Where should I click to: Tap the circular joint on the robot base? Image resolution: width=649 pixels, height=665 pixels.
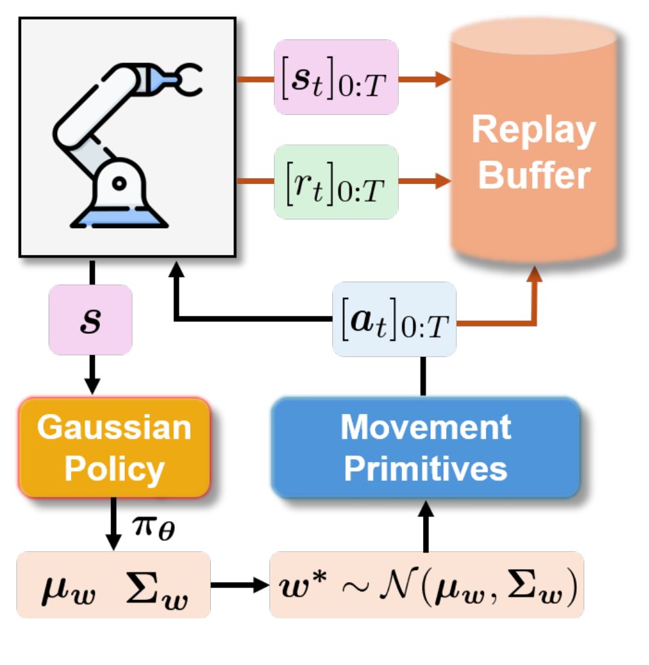pos(119,183)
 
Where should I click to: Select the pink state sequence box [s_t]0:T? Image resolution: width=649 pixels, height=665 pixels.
pos(336,77)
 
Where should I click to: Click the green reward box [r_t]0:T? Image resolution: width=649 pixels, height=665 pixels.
pos(336,182)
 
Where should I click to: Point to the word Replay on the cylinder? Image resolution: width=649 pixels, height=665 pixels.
pos(533,131)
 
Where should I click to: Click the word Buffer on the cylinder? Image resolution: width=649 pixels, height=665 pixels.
pos(534,175)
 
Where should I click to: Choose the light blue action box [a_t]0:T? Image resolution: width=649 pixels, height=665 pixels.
pos(394,319)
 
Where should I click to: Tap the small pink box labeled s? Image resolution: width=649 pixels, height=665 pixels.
pos(90,319)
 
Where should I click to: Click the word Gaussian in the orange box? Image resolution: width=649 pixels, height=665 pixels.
pos(114,427)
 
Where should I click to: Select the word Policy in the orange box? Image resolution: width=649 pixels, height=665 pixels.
pos(114,470)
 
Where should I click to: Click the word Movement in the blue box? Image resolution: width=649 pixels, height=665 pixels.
pos(426,427)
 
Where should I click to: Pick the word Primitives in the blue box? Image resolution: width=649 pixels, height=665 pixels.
pos(426,469)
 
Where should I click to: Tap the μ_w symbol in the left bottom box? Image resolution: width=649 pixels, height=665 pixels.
pos(69,589)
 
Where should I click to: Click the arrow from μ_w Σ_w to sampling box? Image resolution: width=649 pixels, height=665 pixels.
pos(240,585)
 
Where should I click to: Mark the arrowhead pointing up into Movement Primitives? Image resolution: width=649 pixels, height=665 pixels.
pos(426,508)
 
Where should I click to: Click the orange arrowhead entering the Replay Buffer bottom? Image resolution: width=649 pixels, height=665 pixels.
pos(535,274)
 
